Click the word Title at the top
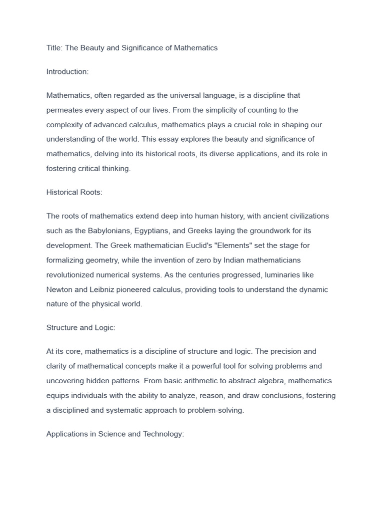point(54,48)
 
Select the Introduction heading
point(67,71)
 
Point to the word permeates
point(65,110)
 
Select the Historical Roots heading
point(74,192)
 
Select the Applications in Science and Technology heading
point(115,434)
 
